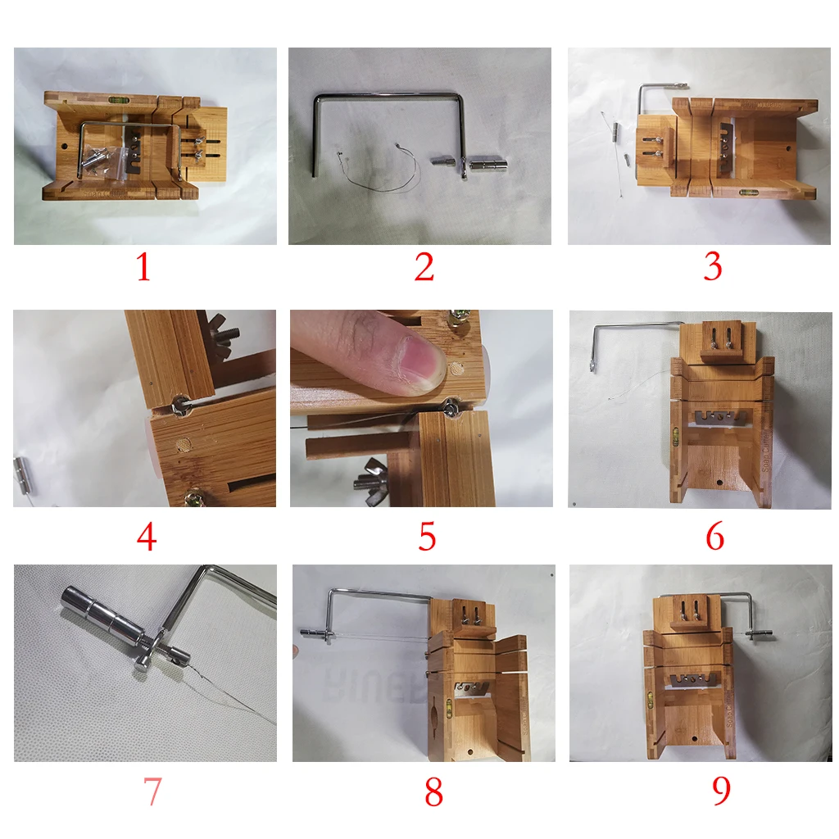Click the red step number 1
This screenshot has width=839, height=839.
click(x=143, y=268)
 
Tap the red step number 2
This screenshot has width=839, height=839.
click(x=424, y=268)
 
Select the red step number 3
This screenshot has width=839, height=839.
click(x=713, y=268)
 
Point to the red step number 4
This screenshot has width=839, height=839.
click(x=147, y=537)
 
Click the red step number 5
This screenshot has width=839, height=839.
click(x=427, y=537)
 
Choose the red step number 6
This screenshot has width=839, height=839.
click(x=714, y=537)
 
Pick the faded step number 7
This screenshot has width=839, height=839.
click(x=152, y=791)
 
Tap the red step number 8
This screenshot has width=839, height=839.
click(x=433, y=791)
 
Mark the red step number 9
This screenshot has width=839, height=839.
click(x=720, y=791)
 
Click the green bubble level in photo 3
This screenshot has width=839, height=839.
click(x=748, y=193)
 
